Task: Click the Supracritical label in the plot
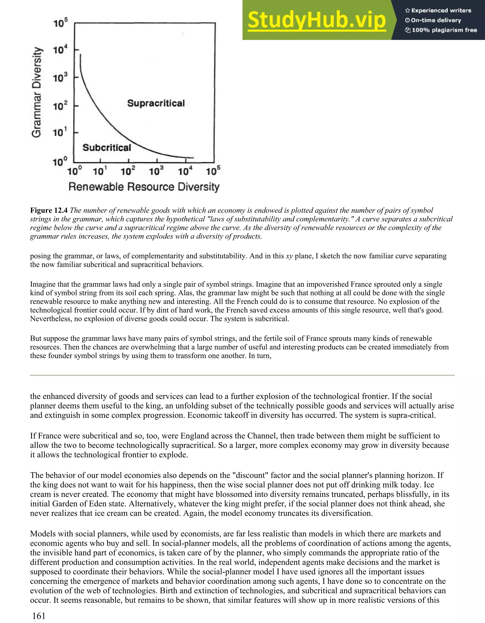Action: point(156,103)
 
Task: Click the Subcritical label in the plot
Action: point(107,147)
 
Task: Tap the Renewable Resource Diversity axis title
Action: point(144,187)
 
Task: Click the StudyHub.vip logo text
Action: point(317,21)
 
